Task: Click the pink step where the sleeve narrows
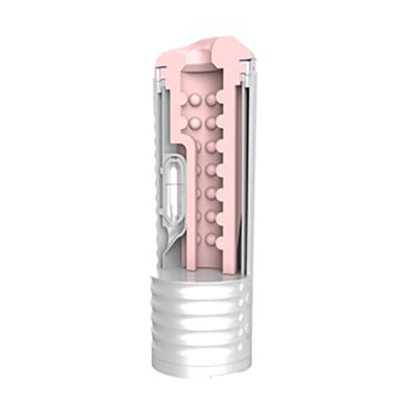(176, 140)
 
